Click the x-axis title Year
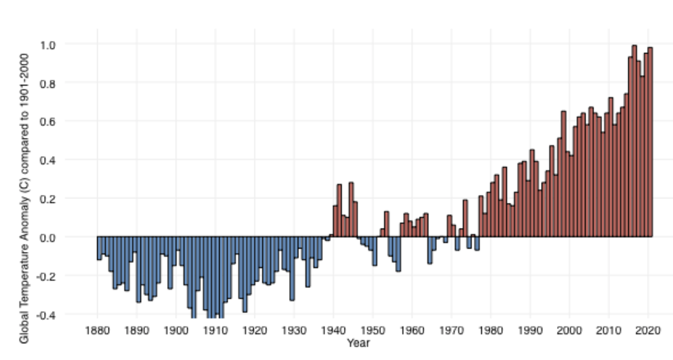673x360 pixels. (358, 343)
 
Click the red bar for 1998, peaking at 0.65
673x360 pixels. (563, 174)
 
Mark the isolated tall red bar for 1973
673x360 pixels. (465, 218)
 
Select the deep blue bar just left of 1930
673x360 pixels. (292, 268)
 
